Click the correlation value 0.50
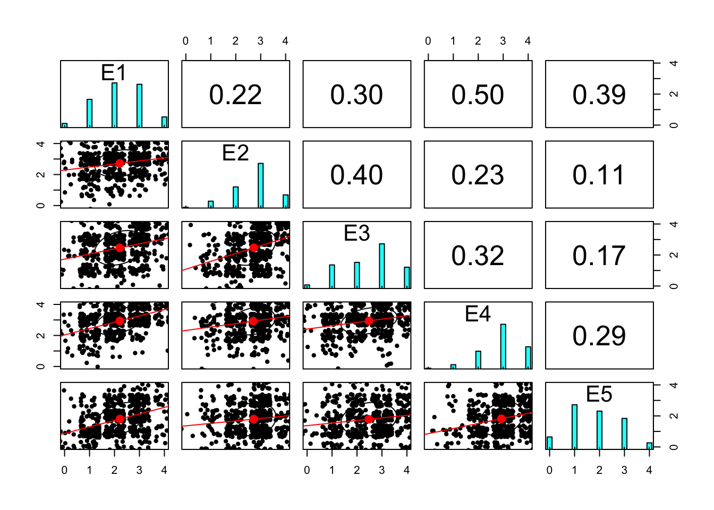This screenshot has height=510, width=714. click(478, 95)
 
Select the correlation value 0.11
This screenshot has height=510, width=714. click(599, 175)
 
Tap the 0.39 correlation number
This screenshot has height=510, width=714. click(599, 95)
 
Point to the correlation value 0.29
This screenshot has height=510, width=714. click(599, 336)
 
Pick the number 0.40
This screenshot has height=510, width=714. click(356, 175)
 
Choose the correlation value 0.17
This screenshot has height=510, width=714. click(599, 256)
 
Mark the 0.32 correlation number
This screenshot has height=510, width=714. click(478, 256)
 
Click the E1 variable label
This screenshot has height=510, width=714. click(114, 73)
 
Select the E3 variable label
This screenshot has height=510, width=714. click(356, 233)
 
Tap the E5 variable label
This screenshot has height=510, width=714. click(599, 394)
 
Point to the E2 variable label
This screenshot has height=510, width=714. click(235, 153)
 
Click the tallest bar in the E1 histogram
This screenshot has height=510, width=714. click(114, 105)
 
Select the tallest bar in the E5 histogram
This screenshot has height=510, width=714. click(574, 427)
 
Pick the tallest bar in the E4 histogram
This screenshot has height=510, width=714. click(503, 346)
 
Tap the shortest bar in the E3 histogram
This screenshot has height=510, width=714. click(307, 286)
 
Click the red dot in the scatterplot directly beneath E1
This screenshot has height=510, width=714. click(120, 163)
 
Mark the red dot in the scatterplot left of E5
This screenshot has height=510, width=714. click(501, 419)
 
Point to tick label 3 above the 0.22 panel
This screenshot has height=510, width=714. click(260, 41)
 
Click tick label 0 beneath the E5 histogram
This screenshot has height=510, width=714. click(549, 470)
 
